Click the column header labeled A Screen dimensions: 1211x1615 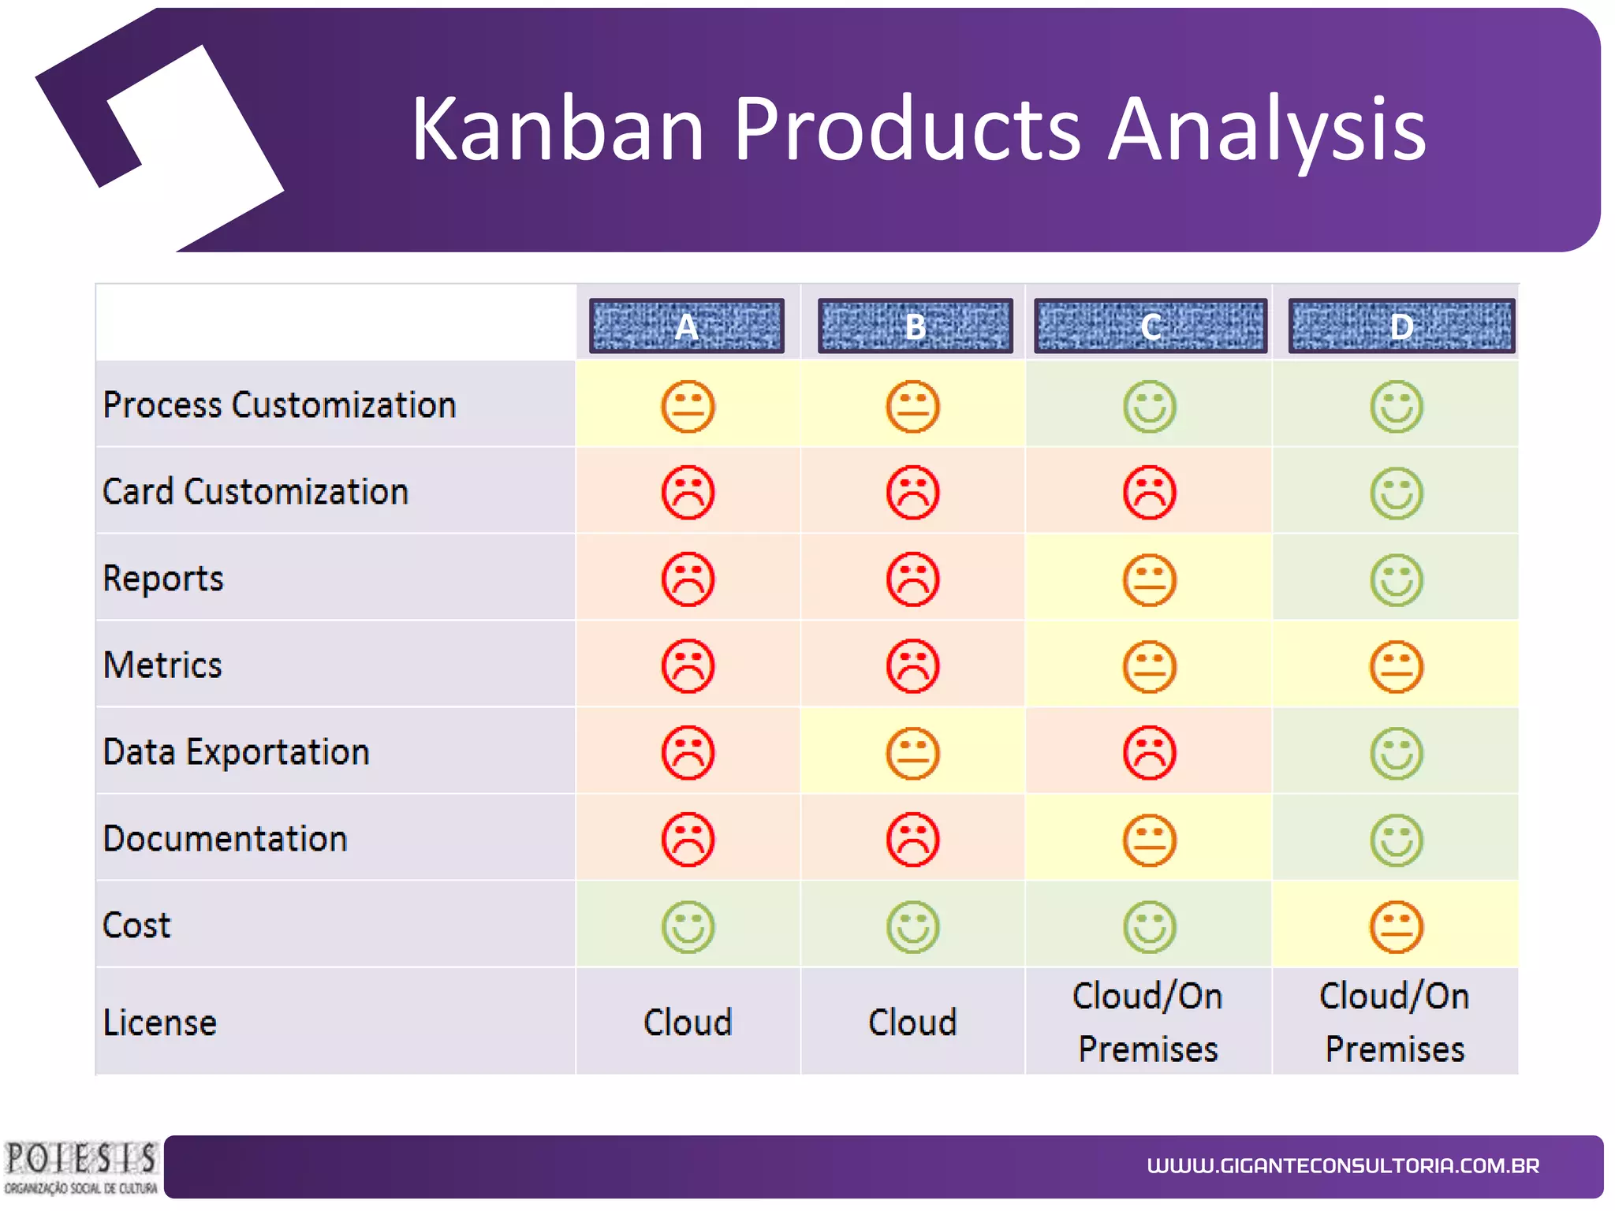tap(686, 326)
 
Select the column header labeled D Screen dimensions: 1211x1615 tap(1401, 326)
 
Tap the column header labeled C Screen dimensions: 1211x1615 tap(1150, 326)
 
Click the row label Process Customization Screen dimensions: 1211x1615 tap(279, 405)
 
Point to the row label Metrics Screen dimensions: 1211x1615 tap(162, 665)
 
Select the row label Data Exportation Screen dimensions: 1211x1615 tap(236, 752)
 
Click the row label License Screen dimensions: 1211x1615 tap(159, 1023)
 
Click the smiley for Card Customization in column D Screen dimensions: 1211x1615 tap(1396, 494)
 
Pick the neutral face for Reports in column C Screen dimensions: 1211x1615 tap(1149, 580)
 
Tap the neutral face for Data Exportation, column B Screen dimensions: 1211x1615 tap(912, 754)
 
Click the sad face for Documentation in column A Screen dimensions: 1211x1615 tap(688, 840)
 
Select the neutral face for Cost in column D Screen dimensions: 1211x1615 tap(1396, 926)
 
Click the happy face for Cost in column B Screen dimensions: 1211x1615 tap(912, 926)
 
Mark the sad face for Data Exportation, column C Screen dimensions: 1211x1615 tap(1149, 753)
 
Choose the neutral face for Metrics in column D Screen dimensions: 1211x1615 tap(1396, 667)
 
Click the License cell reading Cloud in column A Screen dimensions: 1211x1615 tap(688, 1023)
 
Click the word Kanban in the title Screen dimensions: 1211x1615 tap(557, 129)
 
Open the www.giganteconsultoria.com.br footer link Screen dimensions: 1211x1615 tap(1342, 1166)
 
